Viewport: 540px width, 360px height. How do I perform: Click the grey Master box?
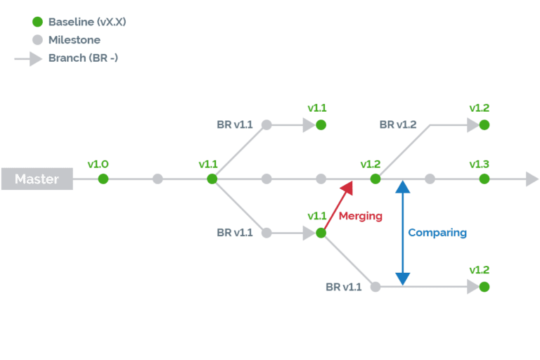[x=37, y=179]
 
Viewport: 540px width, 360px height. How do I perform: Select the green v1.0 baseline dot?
[x=103, y=179]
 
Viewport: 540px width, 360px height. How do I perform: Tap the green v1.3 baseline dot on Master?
[x=484, y=179]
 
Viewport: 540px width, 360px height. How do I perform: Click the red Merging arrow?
[x=338, y=206]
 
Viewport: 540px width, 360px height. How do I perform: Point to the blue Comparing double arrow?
[x=403, y=233]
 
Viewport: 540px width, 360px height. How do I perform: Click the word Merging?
[x=361, y=216]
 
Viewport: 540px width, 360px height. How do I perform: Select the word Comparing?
[x=437, y=233]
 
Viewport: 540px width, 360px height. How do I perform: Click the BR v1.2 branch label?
[x=398, y=124]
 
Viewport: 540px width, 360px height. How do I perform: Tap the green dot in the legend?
[x=37, y=22]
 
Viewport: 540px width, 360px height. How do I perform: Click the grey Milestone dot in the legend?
[x=37, y=40]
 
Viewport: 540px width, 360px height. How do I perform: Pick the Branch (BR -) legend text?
[x=84, y=58]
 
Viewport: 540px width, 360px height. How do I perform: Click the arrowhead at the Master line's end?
[x=532, y=179]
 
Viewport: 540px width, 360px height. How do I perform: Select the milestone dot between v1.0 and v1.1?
[x=157, y=179]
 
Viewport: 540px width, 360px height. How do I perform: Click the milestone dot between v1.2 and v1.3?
[x=430, y=179]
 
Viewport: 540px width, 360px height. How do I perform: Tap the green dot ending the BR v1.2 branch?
[x=484, y=124]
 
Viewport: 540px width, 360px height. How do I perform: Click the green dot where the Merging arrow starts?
[x=321, y=233]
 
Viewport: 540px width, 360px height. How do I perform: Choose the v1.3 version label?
[x=479, y=164]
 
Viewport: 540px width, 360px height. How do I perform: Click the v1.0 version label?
[x=98, y=164]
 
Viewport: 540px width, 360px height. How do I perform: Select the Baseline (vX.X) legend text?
[x=87, y=22]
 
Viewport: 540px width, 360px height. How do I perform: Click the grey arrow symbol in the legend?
[x=28, y=59]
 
